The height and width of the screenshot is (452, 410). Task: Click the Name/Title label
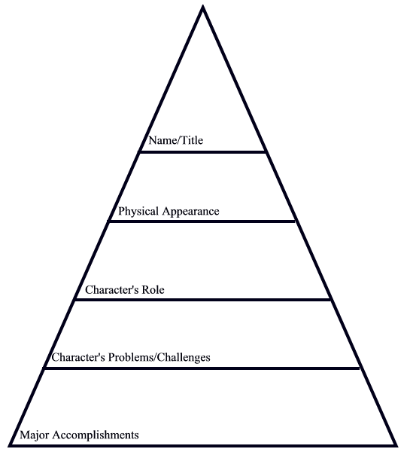176,140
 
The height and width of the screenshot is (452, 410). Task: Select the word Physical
138,211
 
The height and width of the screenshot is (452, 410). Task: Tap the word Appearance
190,212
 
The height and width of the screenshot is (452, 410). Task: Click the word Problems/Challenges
159,357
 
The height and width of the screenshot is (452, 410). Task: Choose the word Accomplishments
96,435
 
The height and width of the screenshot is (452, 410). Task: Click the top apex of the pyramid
203,6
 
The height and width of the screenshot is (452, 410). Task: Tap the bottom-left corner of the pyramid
10,446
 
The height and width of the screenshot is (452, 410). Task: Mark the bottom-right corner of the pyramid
396,446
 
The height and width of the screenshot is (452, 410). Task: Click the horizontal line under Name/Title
202,152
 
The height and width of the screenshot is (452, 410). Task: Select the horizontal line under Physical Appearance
202,221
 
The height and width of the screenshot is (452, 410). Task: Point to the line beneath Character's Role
202,300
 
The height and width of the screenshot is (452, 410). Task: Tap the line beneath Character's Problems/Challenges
202,368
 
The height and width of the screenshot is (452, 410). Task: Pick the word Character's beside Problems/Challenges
78,357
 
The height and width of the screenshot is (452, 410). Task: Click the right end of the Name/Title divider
266,152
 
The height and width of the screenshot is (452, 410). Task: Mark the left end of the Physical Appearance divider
108,221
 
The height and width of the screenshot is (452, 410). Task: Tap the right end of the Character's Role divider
331,300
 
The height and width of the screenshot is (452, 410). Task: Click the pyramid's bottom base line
202,446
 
